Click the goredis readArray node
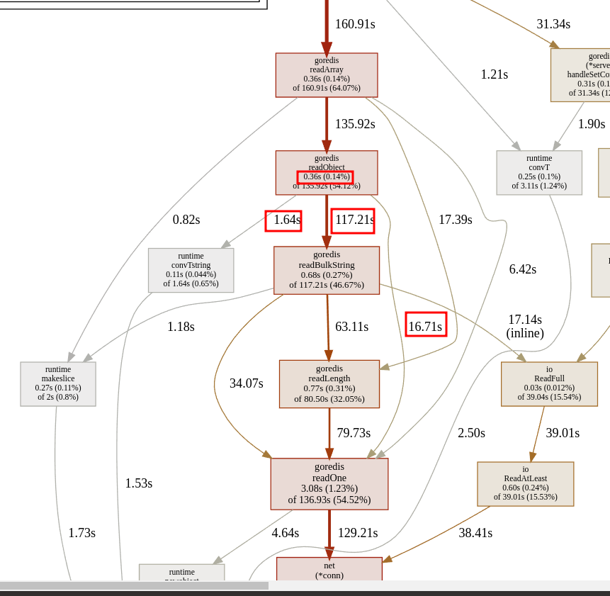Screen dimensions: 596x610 click(x=327, y=75)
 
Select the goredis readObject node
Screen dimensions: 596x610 click(x=327, y=172)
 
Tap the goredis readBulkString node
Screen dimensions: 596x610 click(x=327, y=270)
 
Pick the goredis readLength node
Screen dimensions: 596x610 click(x=329, y=384)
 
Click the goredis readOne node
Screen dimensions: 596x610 click(x=329, y=484)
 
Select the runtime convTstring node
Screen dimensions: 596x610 click(x=191, y=270)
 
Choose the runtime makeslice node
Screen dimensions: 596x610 click(x=58, y=384)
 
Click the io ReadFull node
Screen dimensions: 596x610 click(x=549, y=384)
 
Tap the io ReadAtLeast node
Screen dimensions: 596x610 click(x=526, y=484)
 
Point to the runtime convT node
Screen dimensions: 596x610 click(x=539, y=172)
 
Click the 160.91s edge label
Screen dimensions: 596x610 click(x=355, y=24)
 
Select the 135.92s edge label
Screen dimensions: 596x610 click(x=355, y=124)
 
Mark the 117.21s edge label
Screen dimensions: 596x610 click(x=354, y=220)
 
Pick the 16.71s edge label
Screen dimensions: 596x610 click(x=425, y=327)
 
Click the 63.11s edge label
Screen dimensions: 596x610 click(x=352, y=327)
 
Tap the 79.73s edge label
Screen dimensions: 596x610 click(x=354, y=433)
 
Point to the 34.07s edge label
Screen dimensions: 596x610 click(x=247, y=383)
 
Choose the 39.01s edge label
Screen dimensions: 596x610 click(x=563, y=433)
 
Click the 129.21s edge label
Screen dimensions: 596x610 click(x=358, y=533)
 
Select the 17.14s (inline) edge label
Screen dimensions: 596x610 click(x=525, y=327)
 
